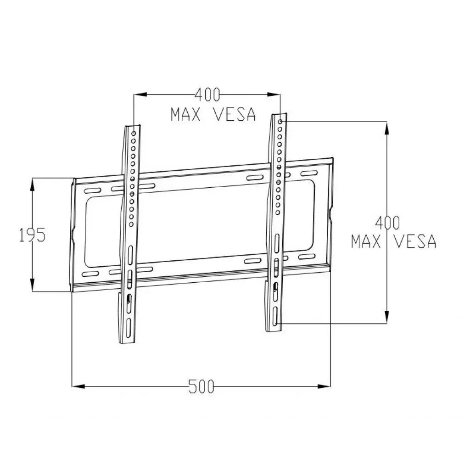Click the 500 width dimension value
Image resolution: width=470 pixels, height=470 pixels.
click(201, 386)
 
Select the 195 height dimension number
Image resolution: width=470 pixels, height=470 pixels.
click(32, 235)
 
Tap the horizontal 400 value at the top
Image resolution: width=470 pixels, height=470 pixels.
click(207, 95)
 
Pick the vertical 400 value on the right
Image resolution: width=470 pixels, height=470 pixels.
click(388, 223)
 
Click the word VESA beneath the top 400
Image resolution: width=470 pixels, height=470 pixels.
click(234, 114)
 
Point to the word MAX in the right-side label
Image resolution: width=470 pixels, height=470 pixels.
click(366, 241)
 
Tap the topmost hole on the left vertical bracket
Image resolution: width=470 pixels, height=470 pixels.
click(134, 133)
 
